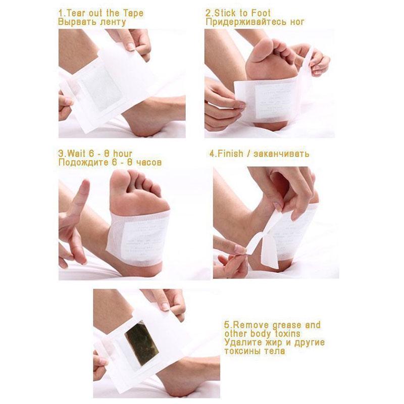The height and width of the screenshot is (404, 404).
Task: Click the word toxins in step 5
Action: coord(286,334)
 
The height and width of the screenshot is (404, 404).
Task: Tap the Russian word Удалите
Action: coord(241,343)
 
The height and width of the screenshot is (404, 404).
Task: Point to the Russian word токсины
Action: coord(243,352)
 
